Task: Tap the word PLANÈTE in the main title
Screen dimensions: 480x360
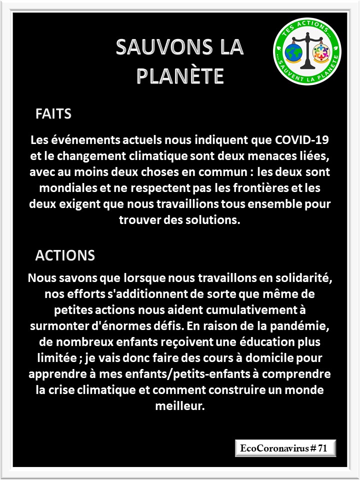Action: point(179,76)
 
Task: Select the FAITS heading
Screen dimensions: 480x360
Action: point(53,114)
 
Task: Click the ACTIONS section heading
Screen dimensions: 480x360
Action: point(65,255)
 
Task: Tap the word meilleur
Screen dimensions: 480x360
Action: point(180,406)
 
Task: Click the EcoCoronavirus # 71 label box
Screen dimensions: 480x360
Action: point(285,448)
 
